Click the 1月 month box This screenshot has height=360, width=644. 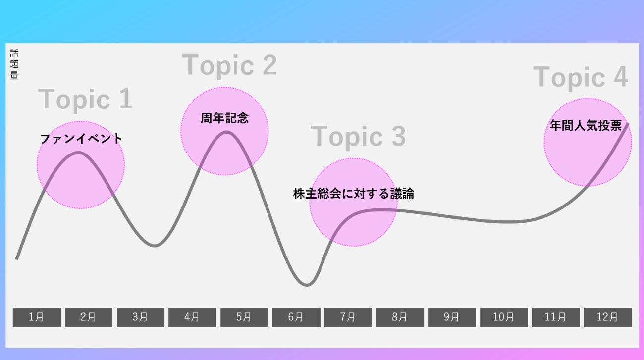37,317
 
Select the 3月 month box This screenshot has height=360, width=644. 140,317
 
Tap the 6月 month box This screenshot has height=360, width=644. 296,317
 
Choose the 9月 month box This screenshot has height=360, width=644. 452,317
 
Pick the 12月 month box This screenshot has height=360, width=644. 607,317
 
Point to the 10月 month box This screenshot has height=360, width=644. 503,317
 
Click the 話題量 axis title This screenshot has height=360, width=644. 14,65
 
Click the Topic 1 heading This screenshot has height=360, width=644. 85,99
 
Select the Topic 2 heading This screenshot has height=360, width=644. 229,65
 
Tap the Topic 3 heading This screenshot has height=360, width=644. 358,136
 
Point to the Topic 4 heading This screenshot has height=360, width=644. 580,77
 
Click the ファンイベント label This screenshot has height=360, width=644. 81,139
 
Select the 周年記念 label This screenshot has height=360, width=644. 224,118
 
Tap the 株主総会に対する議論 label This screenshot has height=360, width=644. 353,194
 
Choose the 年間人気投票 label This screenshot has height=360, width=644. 586,126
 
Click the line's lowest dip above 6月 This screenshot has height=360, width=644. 307,285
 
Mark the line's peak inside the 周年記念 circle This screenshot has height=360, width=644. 226,132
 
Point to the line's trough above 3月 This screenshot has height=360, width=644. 155,246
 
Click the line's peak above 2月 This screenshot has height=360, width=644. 79,152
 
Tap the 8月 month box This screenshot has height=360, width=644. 400,317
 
